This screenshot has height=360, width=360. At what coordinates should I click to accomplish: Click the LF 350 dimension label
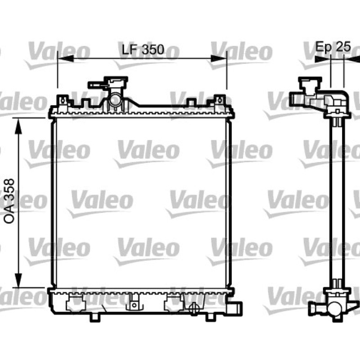click(143, 49)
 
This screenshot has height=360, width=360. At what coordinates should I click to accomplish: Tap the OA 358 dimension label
click(9, 201)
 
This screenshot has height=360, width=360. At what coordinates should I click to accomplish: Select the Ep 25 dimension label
click(333, 46)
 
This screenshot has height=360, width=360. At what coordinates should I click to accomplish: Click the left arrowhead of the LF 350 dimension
click(65, 58)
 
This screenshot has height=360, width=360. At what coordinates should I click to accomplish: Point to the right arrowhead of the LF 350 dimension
click(219, 58)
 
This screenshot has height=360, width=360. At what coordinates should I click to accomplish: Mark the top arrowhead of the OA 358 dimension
click(18, 126)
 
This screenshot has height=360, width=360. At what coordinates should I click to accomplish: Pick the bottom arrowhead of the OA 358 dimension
click(18, 280)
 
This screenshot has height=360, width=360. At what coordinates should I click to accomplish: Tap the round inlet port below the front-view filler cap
click(114, 100)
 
